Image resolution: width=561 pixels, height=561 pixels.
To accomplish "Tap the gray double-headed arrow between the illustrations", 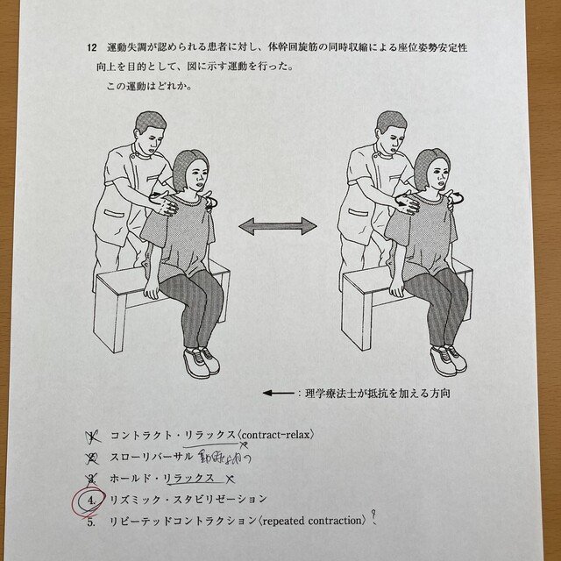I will point(278,226).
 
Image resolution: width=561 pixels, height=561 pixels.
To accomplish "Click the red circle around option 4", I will point(90,500).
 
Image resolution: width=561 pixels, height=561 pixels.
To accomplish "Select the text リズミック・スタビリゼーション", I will point(188,499).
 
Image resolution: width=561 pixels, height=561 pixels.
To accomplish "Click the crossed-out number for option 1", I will point(91,435).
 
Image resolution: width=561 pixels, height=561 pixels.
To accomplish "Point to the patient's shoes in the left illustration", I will point(201,359).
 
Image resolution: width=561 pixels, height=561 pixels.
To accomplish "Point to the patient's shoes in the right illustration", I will point(444,359).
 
